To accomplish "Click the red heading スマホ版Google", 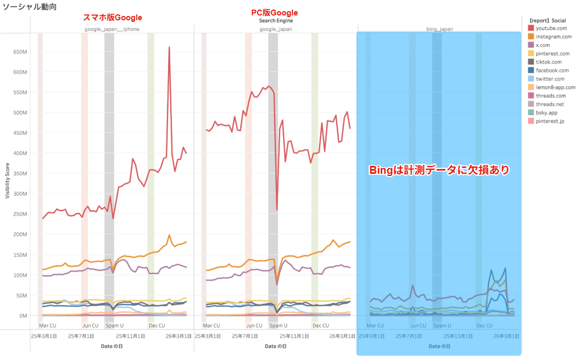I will point(113,18).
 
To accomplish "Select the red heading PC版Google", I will point(274,13).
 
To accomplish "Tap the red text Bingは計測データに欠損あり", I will point(439,170).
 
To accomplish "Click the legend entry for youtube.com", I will point(551,28).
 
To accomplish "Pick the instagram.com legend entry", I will point(553,36).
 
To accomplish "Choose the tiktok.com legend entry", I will point(549,62).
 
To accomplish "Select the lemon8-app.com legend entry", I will point(555,87).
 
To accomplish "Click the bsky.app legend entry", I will point(547,113).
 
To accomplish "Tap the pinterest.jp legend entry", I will point(550,121).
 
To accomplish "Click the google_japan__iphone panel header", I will point(112,29).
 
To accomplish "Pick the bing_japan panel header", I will point(440,29).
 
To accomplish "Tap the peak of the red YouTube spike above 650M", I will point(169,47).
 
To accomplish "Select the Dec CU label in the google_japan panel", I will point(321,325).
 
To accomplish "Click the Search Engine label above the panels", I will point(276,21).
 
